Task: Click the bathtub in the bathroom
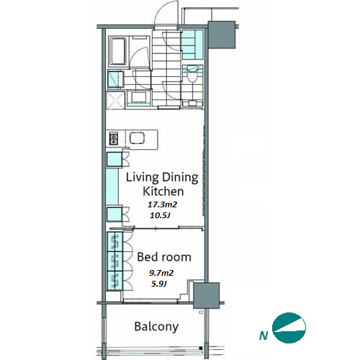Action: pyautogui.click(x=118, y=51)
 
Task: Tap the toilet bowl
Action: pyautogui.click(x=192, y=75)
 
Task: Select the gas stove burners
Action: pyautogui.click(x=114, y=138)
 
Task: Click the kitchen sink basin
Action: pyautogui.click(x=137, y=138)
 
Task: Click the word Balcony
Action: pyautogui.click(x=156, y=327)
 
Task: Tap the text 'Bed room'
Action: pyautogui.click(x=164, y=257)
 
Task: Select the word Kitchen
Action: pyautogui.click(x=163, y=192)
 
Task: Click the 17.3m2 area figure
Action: pyautogui.click(x=162, y=204)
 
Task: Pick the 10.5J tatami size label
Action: pyautogui.click(x=160, y=215)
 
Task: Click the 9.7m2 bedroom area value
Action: pyautogui.click(x=161, y=273)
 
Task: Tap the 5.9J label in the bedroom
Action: pyautogui.click(x=159, y=284)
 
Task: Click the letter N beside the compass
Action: pyautogui.click(x=264, y=335)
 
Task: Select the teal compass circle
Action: pyautogui.click(x=289, y=328)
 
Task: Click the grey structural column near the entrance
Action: pyautogui.click(x=222, y=35)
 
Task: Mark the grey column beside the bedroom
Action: pyautogui.click(x=207, y=295)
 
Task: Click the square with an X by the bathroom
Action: pyautogui.click(x=115, y=101)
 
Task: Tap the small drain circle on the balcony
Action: pyautogui.click(x=201, y=312)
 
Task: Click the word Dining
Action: pyautogui.click(x=180, y=178)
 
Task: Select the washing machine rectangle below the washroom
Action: pyautogui.click(x=139, y=98)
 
